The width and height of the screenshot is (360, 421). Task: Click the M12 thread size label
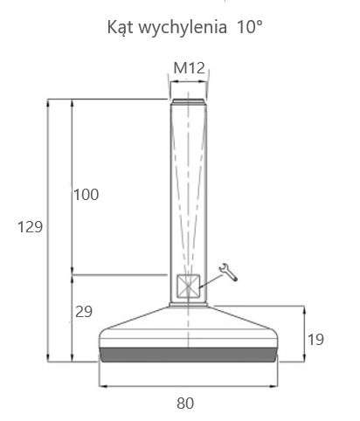[x=190, y=68]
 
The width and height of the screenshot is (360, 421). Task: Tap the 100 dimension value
[x=87, y=195]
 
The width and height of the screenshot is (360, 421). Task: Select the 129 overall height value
[x=31, y=227]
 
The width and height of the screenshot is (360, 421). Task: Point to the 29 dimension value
[x=84, y=312]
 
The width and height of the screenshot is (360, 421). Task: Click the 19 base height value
[x=315, y=340]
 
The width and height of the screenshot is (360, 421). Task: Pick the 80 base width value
[x=185, y=404]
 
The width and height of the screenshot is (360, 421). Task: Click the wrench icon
[x=228, y=273]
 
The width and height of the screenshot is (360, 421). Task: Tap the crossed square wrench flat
[x=189, y=286]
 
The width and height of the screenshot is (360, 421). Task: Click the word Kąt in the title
[x=121, y=27]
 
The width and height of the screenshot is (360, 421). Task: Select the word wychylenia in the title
[x=183, y=27]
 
